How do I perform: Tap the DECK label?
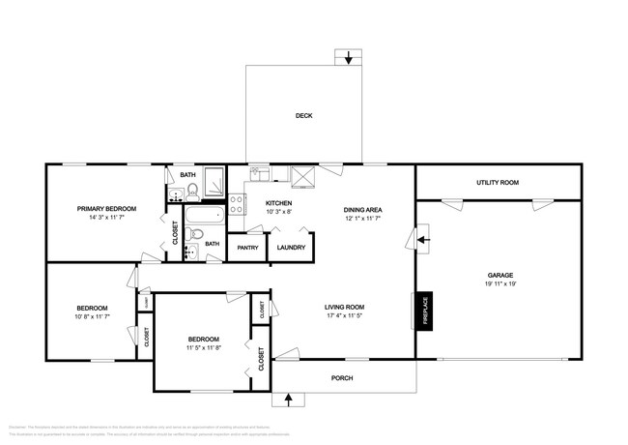[302, 116]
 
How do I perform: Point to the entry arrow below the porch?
[287, 398]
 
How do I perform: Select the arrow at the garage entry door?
[423, 238]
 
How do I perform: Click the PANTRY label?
[248, 248]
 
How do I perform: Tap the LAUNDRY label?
[291, 248]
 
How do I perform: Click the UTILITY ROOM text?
[498, 182]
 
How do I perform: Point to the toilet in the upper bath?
[191, 190]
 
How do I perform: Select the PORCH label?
[343, 377]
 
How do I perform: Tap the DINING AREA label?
[363, 209]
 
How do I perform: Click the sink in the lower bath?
[191, 252]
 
